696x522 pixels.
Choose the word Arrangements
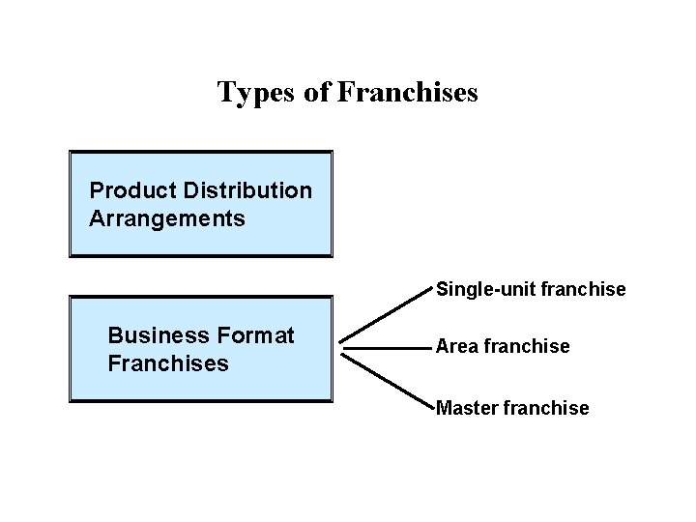[166, 218]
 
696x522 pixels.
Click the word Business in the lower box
[159, 335]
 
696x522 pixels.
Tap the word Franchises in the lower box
[168, 364]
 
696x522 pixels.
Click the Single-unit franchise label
[531, 289]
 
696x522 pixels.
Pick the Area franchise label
[503, 346]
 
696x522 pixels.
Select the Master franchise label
[512, 408]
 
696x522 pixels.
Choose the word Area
[456, 346]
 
